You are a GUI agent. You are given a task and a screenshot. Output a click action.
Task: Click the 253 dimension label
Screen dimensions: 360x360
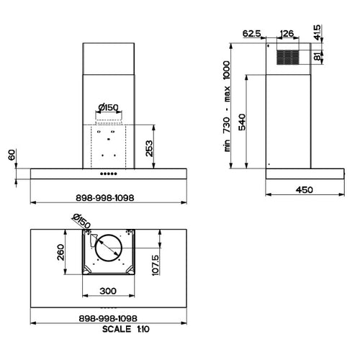click(x=149, y=148)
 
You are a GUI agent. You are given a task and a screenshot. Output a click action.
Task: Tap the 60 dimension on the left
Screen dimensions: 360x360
click(x=12, y=155)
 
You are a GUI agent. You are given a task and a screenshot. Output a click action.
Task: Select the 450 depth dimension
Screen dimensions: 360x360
click(x=305, y=190)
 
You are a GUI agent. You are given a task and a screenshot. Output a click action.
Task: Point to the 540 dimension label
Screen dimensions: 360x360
click(x=242, y=122)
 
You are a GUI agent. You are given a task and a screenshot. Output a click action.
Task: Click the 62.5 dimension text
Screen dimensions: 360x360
click(x=251, y=34)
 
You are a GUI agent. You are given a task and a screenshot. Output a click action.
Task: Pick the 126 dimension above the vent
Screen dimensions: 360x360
click(x=287, y=34)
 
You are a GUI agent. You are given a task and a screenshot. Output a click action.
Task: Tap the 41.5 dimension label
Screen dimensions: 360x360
click(x=317, y=32)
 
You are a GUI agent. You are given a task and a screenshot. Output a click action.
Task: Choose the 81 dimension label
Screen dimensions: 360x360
click(x=317, y=56)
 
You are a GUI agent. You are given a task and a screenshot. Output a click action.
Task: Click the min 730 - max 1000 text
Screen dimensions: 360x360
click(x=227, y=106)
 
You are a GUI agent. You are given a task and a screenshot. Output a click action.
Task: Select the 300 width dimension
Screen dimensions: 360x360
click(x=108, y=291)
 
